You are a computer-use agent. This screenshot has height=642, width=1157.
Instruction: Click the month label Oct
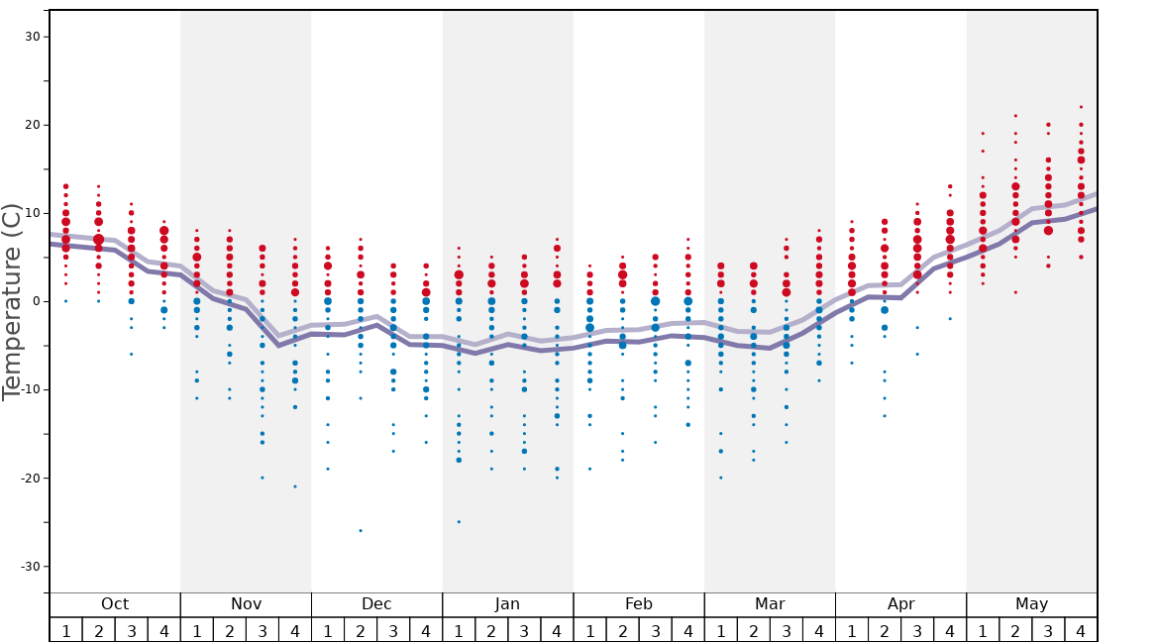(115, 604)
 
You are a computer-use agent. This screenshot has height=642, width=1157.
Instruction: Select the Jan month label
(507, 604)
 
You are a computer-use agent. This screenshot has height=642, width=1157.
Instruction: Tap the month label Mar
(770, 604)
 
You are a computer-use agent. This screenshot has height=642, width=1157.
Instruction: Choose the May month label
(1031, 604)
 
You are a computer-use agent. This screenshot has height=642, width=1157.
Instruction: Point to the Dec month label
(376, 604)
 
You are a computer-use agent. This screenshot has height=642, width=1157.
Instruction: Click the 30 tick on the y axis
(32, 37)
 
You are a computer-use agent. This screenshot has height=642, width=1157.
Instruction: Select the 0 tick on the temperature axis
(35, 301)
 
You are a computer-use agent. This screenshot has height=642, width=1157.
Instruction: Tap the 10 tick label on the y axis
(32, 213)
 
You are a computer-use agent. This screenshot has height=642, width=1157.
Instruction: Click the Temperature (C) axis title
(12, 301)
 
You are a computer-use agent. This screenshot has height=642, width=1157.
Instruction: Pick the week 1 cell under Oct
(65, 630)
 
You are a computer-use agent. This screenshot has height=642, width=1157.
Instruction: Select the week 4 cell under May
(1081, 630)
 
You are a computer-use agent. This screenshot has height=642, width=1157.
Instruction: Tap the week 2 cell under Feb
(622, 630)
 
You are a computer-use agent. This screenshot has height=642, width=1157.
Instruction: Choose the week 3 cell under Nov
(263, 630)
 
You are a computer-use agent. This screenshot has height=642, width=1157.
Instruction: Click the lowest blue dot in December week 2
(361, 531)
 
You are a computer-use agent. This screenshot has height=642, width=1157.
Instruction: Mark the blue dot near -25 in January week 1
(459, 522)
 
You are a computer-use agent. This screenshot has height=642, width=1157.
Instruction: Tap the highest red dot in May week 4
(1081, 107)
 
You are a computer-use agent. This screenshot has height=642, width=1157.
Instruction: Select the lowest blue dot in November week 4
(295, 486)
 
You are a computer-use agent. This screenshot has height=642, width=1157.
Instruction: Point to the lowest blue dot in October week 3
(131, 354)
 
